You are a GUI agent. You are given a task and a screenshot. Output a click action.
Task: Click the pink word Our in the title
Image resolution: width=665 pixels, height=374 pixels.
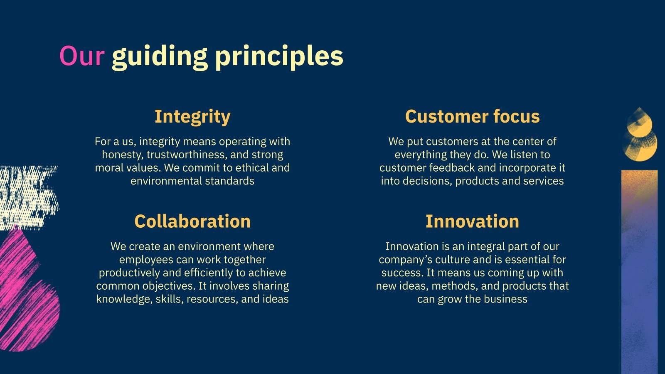(x=82, y=56)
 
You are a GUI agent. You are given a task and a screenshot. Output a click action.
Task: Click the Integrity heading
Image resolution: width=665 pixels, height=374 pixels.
(x=192, y=117)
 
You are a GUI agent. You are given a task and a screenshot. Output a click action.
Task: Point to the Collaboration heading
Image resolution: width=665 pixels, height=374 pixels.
(x=192, y=221)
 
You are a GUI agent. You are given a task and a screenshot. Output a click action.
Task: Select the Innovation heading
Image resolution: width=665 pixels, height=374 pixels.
(x=472, y=221)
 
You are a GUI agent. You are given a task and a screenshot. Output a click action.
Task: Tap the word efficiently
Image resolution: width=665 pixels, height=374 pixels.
(x=208, y=273)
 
